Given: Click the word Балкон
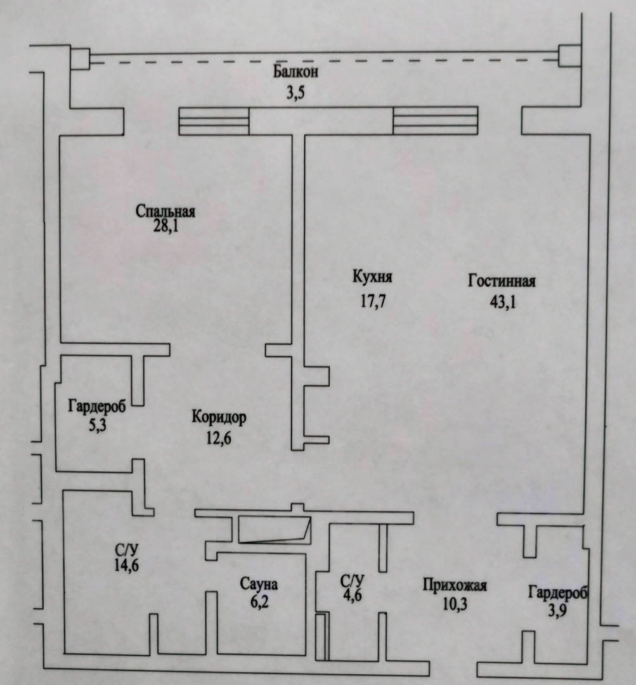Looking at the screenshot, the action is (295, 72).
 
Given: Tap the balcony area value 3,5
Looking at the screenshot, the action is (295, 93).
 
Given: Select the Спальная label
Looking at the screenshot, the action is (165, 211).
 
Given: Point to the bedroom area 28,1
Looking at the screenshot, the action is (165, 226).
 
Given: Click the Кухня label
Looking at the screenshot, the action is (373, 277).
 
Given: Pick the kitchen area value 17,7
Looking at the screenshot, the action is (373, 301).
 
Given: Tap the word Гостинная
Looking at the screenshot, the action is (502, 280).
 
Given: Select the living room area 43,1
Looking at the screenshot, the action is (503, 301).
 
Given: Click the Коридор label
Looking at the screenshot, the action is (219, 417).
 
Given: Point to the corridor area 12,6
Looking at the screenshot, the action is (219, 438).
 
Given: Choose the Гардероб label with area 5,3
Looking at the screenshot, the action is (97, 407).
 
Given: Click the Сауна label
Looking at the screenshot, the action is (259, 584).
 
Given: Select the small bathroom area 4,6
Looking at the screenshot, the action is (352, 595).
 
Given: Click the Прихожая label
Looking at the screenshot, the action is (455, 585).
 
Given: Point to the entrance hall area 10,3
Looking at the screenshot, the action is (455, 604).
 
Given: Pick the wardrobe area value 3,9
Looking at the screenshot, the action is (557, 610).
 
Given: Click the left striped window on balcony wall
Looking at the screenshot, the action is (214, 121).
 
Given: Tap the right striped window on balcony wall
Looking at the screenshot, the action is (436, 121).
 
